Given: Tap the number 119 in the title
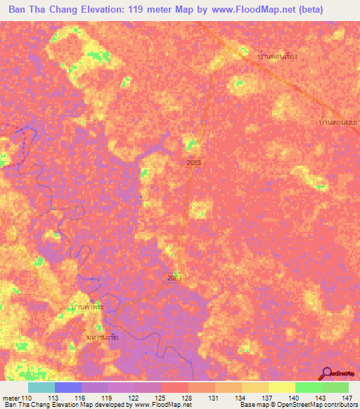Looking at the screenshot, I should [152, 10].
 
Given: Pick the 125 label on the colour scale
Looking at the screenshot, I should [161, 398].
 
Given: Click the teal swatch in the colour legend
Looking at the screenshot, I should [41, 388].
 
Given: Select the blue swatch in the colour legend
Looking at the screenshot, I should [68, 388].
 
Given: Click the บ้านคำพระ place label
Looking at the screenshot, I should [88, 307].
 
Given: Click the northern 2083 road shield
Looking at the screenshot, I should [193, 162].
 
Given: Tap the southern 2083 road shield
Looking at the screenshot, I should [175, 278].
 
